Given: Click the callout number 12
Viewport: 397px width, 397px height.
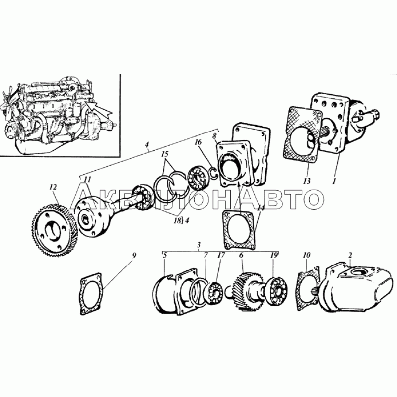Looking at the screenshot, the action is (53, 187).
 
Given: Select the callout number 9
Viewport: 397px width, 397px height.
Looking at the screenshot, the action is (134, 256).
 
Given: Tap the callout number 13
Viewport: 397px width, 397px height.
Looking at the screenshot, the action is (306, 181).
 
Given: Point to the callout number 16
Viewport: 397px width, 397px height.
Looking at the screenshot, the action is (198, 142).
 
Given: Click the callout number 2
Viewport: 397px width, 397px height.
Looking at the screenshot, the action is (350, 255).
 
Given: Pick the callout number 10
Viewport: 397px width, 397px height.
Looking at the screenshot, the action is (306, 255).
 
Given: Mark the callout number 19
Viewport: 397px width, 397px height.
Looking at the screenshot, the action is (274, 255).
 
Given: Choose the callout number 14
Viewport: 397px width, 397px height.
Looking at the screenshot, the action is (261, 208).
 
